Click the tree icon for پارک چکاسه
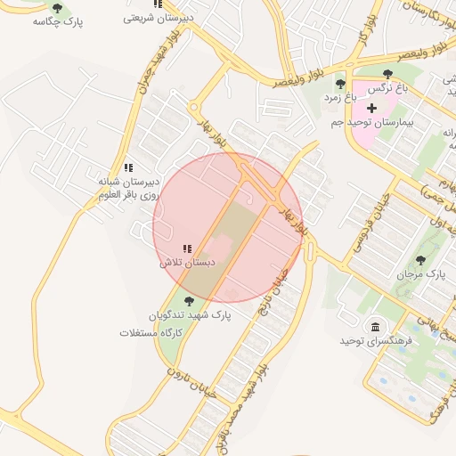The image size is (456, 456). click(58, 9)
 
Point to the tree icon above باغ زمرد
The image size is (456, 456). click(340, 84)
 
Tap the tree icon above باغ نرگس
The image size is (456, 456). click(387, 76)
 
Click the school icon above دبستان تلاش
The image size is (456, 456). click(187, 249)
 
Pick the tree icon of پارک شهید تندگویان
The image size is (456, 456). click(188, 301)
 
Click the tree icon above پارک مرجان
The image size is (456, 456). click(421, 260)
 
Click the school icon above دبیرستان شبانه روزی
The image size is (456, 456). click(128, 167)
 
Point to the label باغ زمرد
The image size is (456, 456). click(338, 96)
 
